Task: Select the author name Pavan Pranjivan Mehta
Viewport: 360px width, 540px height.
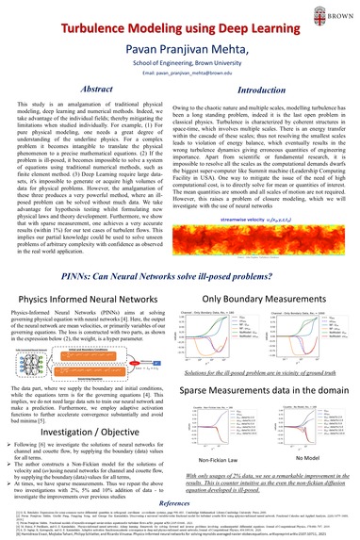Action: click(x=180, y=39)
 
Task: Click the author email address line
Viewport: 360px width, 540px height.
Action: click(x=180, y=69)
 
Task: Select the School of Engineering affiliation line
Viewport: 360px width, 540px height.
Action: click(x=180, y=56)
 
